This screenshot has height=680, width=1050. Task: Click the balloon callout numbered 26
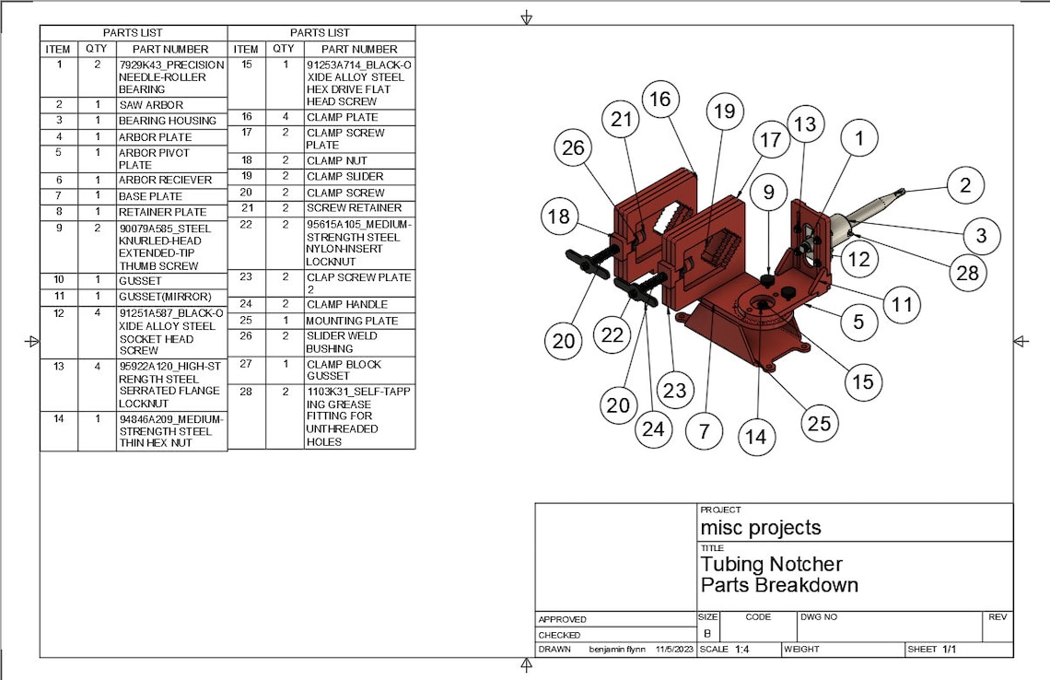573,147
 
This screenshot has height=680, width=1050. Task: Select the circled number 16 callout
660,100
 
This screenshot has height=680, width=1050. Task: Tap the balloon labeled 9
769,193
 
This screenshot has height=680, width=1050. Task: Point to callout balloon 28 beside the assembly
968,273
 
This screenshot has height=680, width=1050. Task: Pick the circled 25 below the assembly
820,424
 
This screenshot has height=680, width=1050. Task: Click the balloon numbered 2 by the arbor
965,185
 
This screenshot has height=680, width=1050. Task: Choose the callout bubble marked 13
805,124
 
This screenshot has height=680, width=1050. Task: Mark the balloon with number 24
653,428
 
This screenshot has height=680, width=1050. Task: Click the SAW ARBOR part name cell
151,105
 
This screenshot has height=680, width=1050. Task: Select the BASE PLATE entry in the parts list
151,196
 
